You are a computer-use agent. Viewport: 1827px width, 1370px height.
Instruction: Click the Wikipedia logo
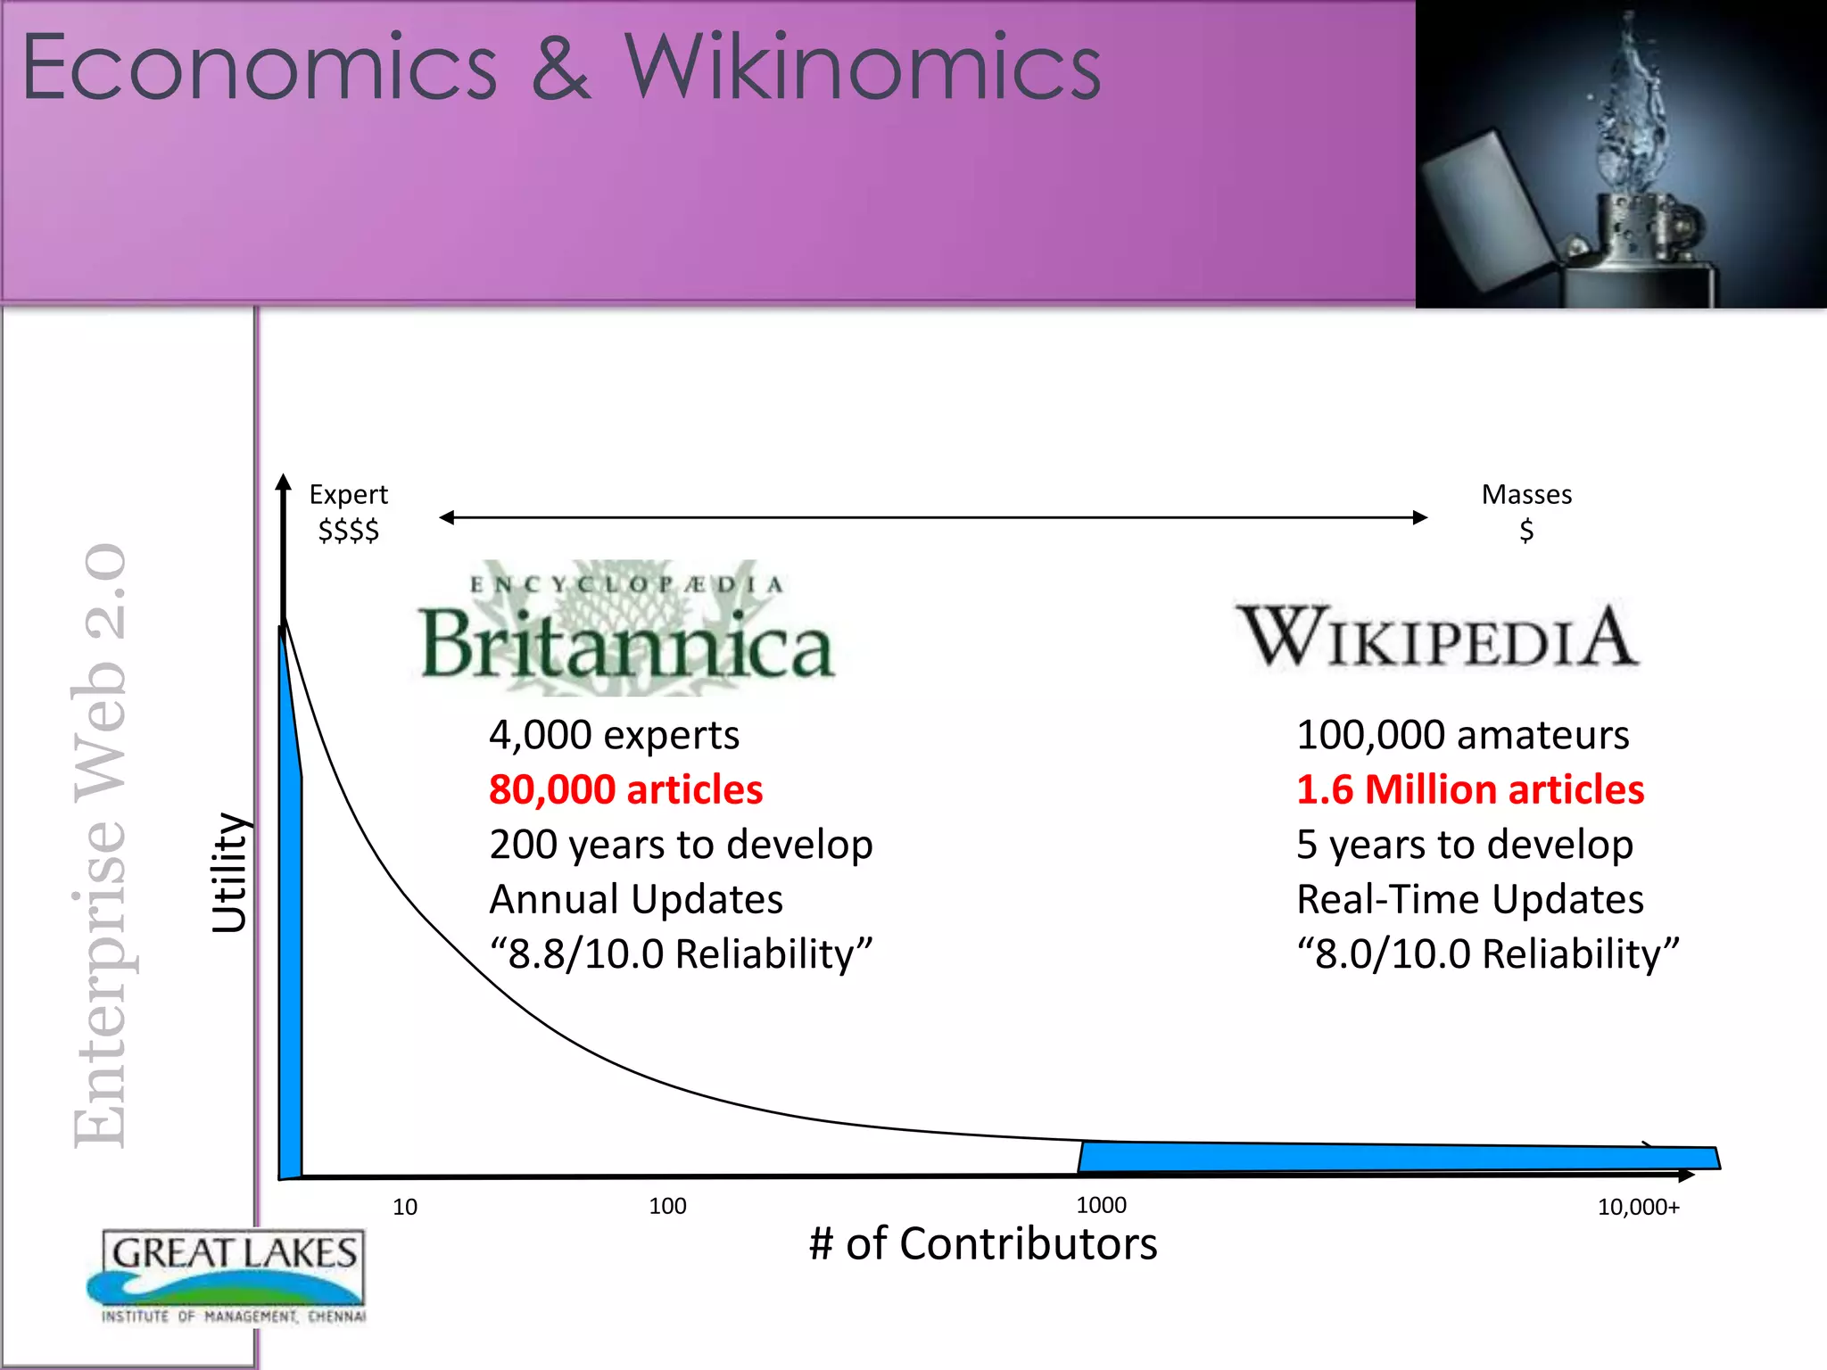tap(1437, 636)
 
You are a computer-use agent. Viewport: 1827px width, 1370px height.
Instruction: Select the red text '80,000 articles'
tap(625, 789)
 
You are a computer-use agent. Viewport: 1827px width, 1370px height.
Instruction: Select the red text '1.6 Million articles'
tap(1469, 789)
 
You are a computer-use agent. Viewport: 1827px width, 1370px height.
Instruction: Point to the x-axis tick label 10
tap(405, 1207)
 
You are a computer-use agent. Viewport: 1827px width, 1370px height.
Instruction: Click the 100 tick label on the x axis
tap(667, 1206)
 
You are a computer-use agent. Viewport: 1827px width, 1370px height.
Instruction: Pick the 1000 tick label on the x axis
tap(1101, 1205)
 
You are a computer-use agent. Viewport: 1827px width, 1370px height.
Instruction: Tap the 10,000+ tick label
tap(1638, 1207)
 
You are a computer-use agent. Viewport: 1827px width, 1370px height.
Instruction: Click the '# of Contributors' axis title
tap(982, 1243)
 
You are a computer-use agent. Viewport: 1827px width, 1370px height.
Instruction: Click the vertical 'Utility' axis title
tap(228, 872)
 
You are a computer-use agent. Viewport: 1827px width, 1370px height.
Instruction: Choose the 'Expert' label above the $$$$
tap(348, 494)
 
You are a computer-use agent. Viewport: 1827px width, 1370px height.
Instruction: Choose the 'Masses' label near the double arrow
tap(1526, 494)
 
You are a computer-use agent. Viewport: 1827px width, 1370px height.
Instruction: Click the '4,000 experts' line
tap(614, 735)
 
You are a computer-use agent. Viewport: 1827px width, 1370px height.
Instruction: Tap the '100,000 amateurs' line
tap(1462, 735)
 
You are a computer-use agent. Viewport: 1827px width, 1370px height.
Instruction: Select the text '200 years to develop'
tap(681, 844)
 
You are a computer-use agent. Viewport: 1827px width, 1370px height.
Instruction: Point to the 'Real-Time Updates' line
tap(1469, 899)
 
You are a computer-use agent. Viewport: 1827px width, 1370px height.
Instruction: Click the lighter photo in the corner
tap(1620, 154)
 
